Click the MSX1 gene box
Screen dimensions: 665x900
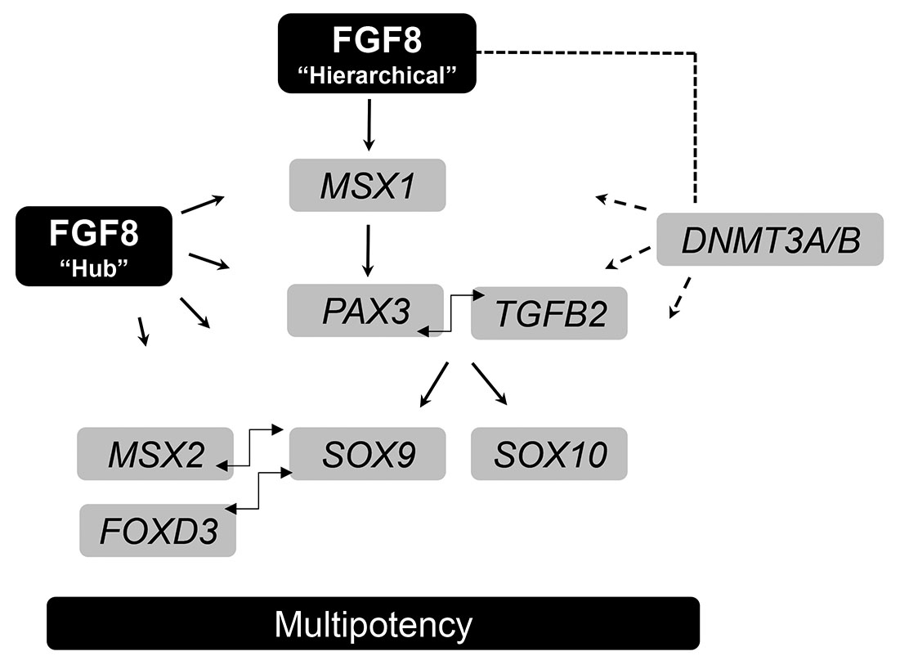pos(367,186)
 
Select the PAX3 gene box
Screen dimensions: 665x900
pos(365,311)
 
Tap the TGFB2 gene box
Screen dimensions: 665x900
pos(549,312)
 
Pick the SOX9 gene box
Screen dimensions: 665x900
pos(368,454)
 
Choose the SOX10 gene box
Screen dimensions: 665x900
pos(549,454)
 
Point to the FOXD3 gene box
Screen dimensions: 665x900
pos(159,531)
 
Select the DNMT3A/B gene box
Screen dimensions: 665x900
pos(769,240)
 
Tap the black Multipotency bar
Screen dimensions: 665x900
pos(373,624)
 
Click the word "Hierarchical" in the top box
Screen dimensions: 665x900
pos(376,75)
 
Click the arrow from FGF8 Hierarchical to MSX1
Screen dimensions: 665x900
pos(369,124)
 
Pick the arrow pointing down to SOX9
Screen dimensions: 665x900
pos(434,384)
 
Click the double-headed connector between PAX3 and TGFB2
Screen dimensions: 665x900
pos(449,312)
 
